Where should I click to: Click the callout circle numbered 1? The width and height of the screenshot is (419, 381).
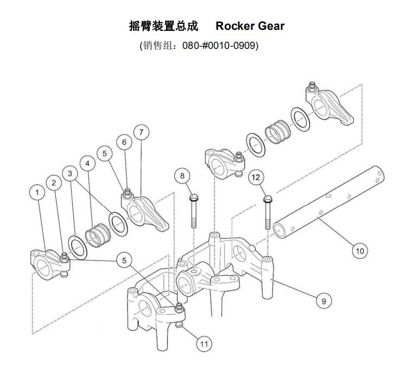tap(37, 193)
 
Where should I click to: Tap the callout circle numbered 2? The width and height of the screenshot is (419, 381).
tap(54, 182)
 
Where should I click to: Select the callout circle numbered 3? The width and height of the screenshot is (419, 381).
tap(70, 173)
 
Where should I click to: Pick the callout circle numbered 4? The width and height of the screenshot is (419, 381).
tap(86, 163)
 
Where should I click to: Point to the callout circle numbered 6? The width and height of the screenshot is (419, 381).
tap(124, 142)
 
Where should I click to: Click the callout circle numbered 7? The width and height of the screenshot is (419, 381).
tap(141, 132)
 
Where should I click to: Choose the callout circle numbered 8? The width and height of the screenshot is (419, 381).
tap(182, 176)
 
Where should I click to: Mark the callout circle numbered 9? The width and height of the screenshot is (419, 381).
tap(323, 301)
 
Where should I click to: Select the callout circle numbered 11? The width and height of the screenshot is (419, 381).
tap(204, 344)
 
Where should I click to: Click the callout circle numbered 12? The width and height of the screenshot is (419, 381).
tap(257, 177)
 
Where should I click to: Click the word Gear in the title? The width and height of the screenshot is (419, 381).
tap(269, 26)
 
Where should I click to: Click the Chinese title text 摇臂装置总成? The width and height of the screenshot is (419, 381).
tap(163, 26)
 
